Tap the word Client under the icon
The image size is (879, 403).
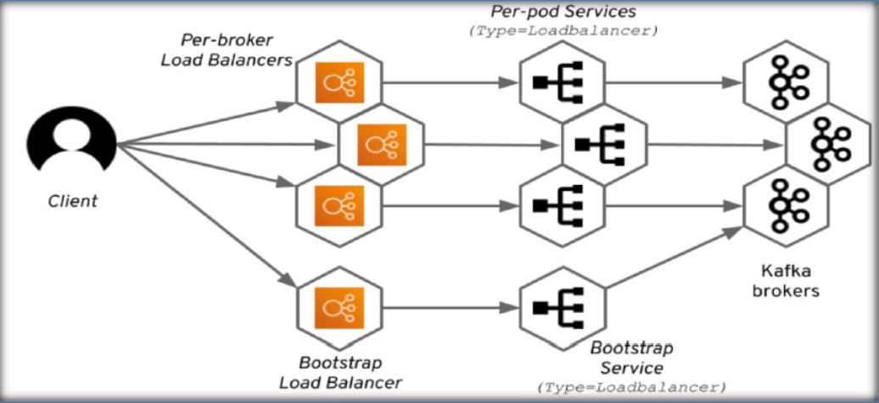pos(72,202)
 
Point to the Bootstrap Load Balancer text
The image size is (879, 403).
pos(339,373)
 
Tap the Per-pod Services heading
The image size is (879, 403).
pos(563,13)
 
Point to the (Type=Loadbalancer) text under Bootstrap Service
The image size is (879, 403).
pos(631,387)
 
